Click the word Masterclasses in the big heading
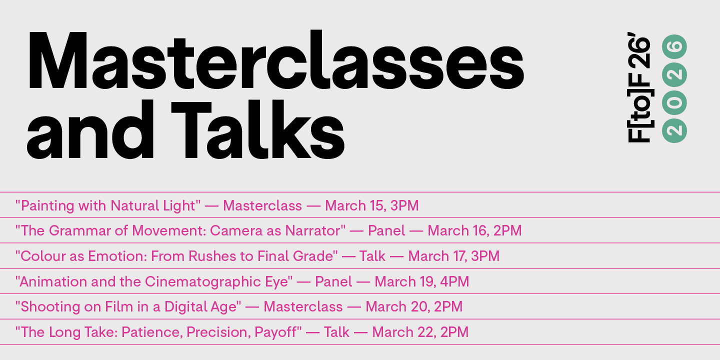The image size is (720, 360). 276,60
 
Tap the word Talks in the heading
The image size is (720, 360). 258,129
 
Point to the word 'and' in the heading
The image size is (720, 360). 90,129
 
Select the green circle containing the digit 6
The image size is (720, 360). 674,47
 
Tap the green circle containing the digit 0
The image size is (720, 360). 674,102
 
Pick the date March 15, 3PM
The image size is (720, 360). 372,205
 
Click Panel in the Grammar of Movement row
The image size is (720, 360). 386,231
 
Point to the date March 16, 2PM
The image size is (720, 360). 474,231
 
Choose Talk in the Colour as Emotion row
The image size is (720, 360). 372,256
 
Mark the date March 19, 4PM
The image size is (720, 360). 421,281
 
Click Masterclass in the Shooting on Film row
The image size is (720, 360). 303,306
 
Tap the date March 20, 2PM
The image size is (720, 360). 414,306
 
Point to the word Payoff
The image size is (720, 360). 278,332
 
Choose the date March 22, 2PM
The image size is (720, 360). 420,332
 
